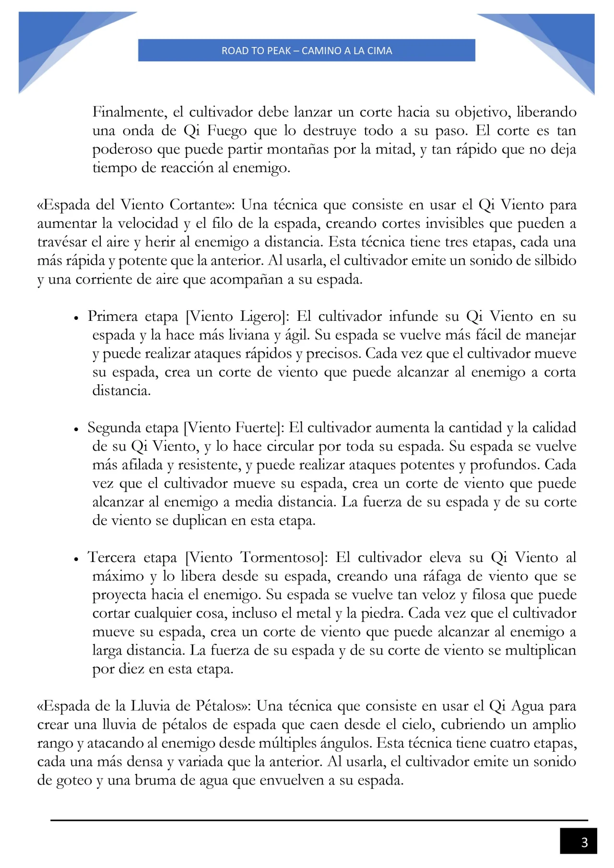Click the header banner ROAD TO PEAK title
(x=307, y=50)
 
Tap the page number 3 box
(x=578, y=842)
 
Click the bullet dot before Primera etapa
(x=76, y=317)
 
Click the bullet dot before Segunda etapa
(x=76, y=429)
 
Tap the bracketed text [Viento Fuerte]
(x=235, y=428)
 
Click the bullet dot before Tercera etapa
(x=76, y=559)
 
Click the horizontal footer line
(x=319, y=820)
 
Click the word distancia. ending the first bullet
(x=121, y=391)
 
